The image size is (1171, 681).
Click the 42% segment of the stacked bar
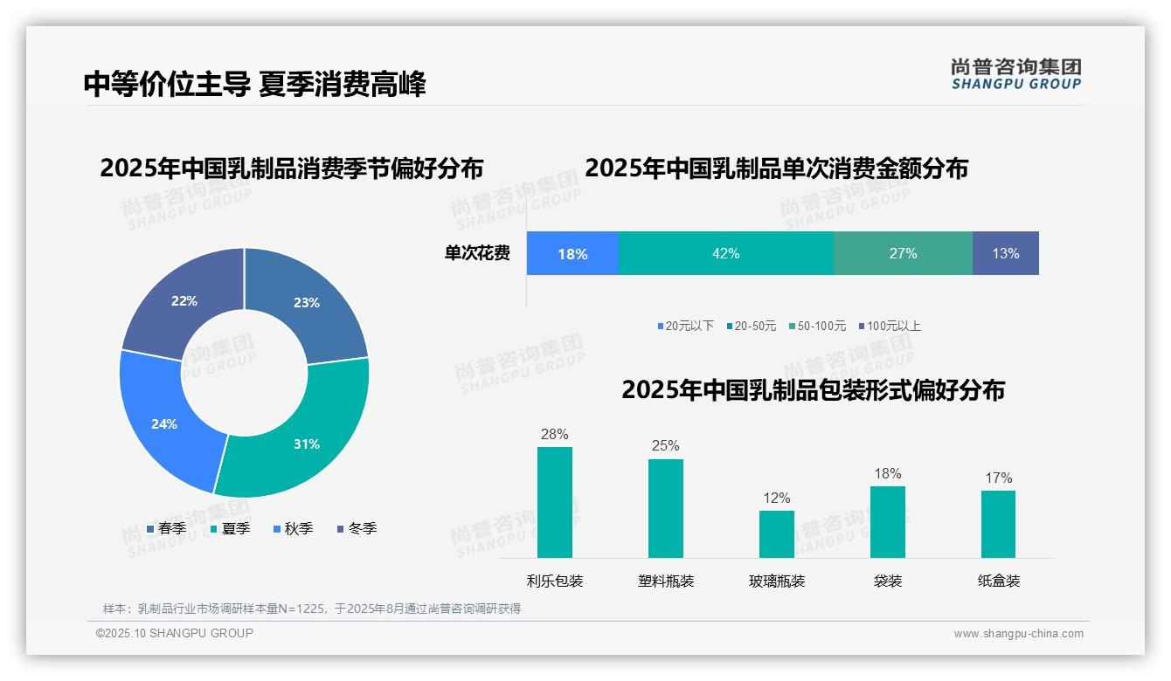[x=725, y=253]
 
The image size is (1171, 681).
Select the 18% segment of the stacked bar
[x=572, y=253]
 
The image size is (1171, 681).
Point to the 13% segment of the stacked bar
[x=1005, y=253]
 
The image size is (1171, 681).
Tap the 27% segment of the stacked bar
[x=903, y=253]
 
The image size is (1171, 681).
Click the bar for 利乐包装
[x=554, y=502]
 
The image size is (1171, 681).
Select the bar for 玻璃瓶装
[x=776, y=533]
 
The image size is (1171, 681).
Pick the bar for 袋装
[x=887, y=521]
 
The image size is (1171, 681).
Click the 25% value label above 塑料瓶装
[x=665, y=445]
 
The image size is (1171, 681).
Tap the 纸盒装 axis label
[x=998, y=581]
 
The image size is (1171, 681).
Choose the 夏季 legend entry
[x=230, y=528]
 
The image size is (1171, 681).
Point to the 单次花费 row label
[x=477, y=253]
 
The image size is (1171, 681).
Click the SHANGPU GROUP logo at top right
[x=1015, y=74]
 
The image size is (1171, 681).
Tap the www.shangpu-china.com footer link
[x=1018, y=633]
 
